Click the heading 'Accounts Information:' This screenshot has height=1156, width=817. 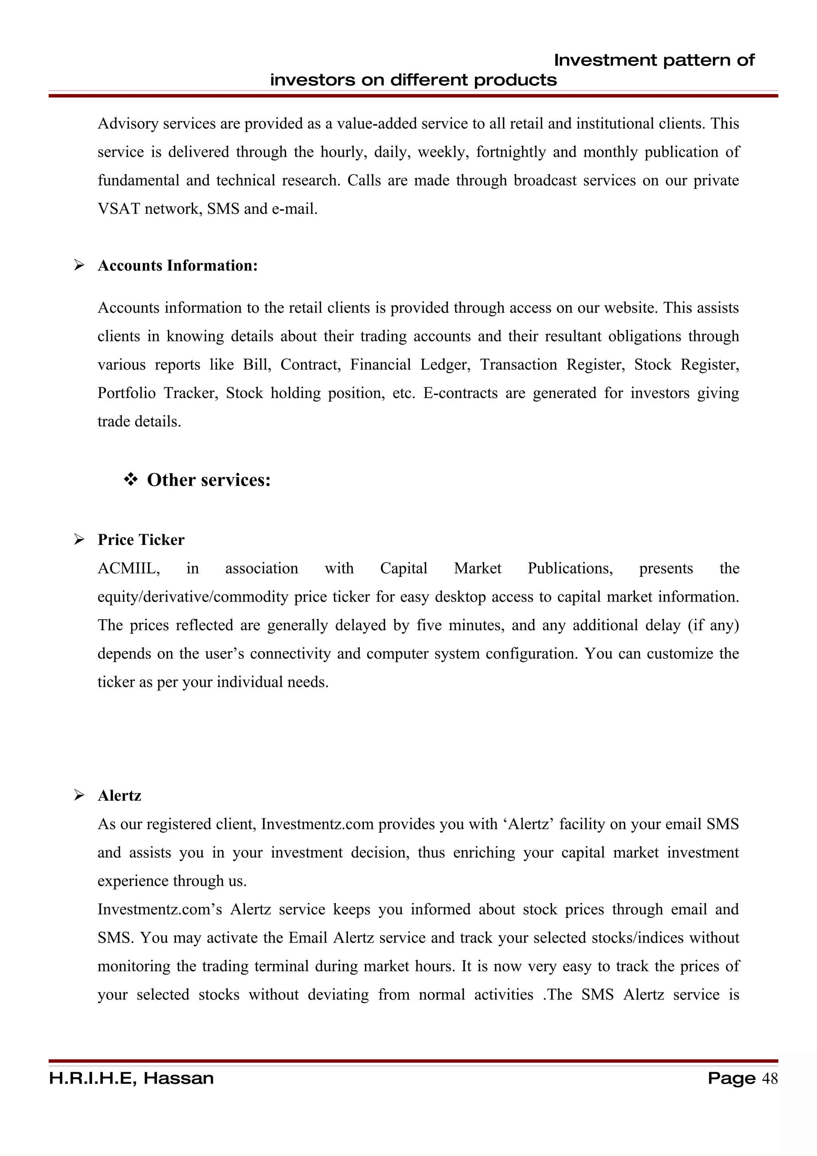tap(177, 265)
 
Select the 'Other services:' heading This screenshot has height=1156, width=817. tap(208, 480)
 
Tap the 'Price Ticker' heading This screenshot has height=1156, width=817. tap(141, 540)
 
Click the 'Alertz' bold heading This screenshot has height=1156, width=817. tap(119, 795)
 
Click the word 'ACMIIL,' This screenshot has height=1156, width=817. tap(129, 568)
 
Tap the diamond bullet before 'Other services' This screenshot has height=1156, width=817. tap(130, 480)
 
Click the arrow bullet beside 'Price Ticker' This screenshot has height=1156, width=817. tap(79, 540)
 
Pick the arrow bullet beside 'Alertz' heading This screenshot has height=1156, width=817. tap(79, 795)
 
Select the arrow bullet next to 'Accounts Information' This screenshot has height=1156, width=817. tap(79, 265)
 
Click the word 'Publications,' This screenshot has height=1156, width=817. tap(570, 568)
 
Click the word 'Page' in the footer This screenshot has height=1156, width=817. tap(731, 1079)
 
